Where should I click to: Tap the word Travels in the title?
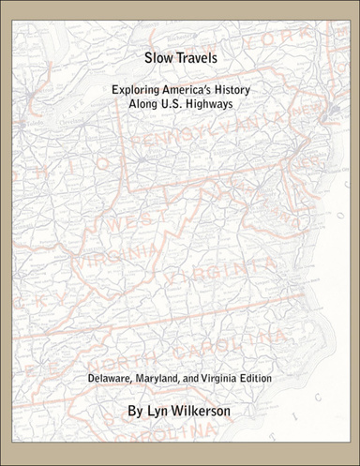(x=194, y=58)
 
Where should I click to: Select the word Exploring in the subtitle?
(x=138, y=88)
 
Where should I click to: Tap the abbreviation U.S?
(x=176, y=103)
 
